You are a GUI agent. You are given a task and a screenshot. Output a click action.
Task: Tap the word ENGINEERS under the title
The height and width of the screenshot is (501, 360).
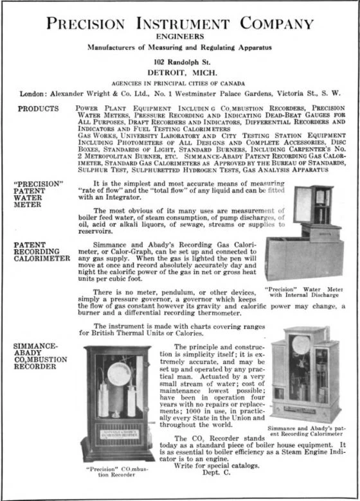(x=180, y=37)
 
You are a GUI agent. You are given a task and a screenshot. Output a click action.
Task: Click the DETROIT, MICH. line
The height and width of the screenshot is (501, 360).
(x=180, y=73)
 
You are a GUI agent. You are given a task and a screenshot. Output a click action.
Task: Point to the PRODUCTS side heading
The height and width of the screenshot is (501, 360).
(x=38, y=109)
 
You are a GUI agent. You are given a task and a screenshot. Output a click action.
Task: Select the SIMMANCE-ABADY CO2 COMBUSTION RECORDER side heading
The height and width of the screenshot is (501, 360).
(x=39, y=357)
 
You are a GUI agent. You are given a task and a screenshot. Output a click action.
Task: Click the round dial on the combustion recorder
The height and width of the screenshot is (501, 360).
(x=119, y=374)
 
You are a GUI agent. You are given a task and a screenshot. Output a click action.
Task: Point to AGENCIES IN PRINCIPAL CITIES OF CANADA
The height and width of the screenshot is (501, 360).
(x=180, y=83)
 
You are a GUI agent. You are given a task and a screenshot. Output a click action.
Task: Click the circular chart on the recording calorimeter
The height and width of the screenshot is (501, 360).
(x=301, y=345)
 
